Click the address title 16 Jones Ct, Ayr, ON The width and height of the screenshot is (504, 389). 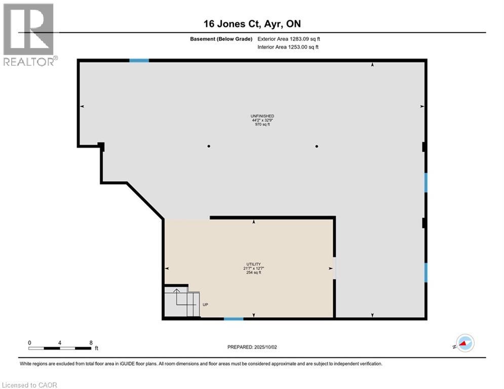pyautogui.click(x=252, y=24)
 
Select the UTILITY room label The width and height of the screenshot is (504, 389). pyautogui.click(x=253, y=264)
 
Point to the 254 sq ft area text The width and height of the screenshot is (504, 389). pyautogui.click(x=253, y=273)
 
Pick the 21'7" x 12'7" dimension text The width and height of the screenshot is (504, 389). pyautogui.click(x=253, y=268)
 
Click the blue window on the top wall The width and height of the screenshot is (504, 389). pyautogui.click(x=139, y=60)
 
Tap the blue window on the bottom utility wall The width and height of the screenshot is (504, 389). pyautogui.click(x=234, y=319)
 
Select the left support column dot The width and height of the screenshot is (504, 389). pyautogui.click(x=209, y=146)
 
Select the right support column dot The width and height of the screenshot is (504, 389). pyautogui.click(x=317, y=146)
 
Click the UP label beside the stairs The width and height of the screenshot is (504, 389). pyautogui.click(x=205, y=304)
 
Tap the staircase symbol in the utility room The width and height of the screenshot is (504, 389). pyautogui.click(x=181, y=301)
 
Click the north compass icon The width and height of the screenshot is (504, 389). pyautogui.click(x=464, y=343)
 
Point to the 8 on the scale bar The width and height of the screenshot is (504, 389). pyautogui.click(x=91, y=343)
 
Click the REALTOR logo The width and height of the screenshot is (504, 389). pyautogui.click(x=29, y=34)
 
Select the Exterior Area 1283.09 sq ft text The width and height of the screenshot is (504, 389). pyautogui.click(x=289, y=38)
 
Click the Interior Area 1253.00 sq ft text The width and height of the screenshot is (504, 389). pyautogui.click(x=289, y=47)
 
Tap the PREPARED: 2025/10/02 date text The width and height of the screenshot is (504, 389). pyautogui.click(x=252, y=347)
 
